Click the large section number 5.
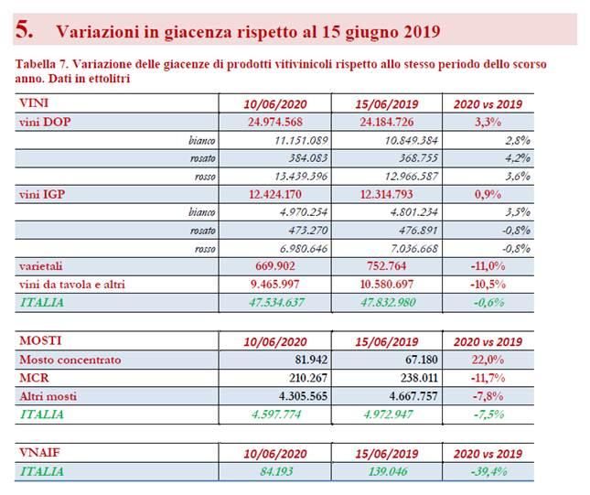coord(24,29)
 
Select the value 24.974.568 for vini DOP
coord(275,122)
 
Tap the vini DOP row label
coord(45,122)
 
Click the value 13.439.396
coord(301,177)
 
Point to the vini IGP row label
coord(42,194)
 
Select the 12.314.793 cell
coord(386,194)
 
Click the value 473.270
coord(307,230)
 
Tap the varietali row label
coord(40,266)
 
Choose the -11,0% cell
coord(488,266)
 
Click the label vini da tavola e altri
coord(72,285)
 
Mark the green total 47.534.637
coord(276,302)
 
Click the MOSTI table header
coord(40,340)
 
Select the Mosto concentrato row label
coord(70,360)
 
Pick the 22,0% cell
coord(488,360)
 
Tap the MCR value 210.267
coord(308,378)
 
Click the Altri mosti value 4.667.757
coord(413,396)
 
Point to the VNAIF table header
coord(39,453)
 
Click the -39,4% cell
coord(488,471)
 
